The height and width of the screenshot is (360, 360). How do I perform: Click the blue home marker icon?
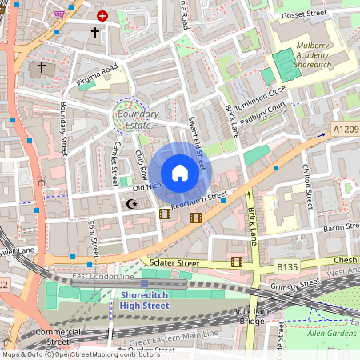coord(180,172)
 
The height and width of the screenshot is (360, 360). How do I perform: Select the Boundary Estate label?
coord(138,119)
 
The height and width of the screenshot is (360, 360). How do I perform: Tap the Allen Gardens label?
coord(331,333)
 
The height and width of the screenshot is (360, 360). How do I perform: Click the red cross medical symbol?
coord(102,15)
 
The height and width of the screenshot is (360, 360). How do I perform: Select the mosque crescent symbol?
coord(132,205)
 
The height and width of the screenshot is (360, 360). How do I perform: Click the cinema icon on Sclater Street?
coord(236,261)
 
